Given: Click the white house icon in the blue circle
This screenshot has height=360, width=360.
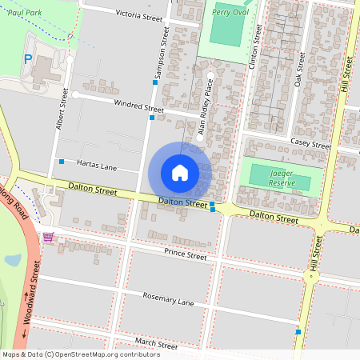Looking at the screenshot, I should [x=180, y=173].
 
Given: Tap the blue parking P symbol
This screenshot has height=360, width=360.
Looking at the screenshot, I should [x=28, y=58].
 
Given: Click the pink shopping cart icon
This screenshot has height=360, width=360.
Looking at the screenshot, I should [x=49, y=238].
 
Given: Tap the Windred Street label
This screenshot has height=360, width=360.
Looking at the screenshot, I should [x=138, y=106].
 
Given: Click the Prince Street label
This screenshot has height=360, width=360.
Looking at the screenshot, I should [x=185, y=255].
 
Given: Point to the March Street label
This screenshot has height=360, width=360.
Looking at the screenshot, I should [x=155, y=343].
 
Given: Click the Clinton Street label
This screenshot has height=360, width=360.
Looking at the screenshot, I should [x=258, y=45].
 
